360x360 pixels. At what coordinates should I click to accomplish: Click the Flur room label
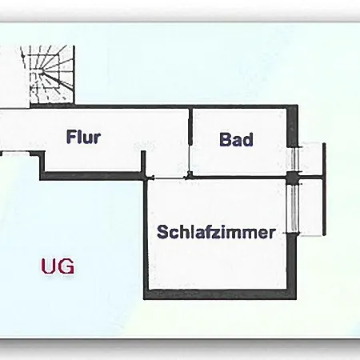coord(84,137)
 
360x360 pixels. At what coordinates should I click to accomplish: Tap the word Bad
coord(236,139)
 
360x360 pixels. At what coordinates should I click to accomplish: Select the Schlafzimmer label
coord(216,232)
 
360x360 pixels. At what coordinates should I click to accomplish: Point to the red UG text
coord(58,266)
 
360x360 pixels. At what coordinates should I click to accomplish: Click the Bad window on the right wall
coord(294,159)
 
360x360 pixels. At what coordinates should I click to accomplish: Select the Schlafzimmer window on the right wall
coord(294,209)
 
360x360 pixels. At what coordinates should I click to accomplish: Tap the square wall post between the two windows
coord(293,178)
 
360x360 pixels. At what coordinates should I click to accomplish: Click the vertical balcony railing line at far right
coord(324,190)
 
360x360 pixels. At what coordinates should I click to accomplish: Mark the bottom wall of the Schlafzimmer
coord(220,294)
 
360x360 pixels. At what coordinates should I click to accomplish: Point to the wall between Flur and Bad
coord(190,141)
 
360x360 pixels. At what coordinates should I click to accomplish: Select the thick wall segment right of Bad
coord(292,126)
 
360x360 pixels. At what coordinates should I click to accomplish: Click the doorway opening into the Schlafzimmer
coord(169,178)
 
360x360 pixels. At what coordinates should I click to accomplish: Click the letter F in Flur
coord(70,137)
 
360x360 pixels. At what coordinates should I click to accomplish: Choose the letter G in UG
coord(66,266)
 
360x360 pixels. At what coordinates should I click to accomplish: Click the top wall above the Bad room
coord(239,106)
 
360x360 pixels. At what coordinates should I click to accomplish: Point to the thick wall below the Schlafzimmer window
coord(291,262)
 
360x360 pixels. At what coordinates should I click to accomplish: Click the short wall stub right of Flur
coord(143,162)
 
